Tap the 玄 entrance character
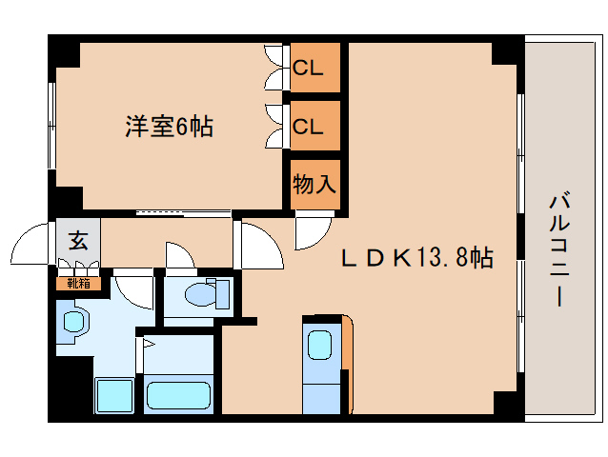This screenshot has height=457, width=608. tap(78, 241)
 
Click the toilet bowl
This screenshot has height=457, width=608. tap(205, 294)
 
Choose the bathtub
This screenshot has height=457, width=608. tap(178, 395)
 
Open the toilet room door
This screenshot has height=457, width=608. tap(179, 255)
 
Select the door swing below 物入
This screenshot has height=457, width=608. tap(312, 232)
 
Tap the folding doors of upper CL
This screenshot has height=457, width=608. tap(277, 69)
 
